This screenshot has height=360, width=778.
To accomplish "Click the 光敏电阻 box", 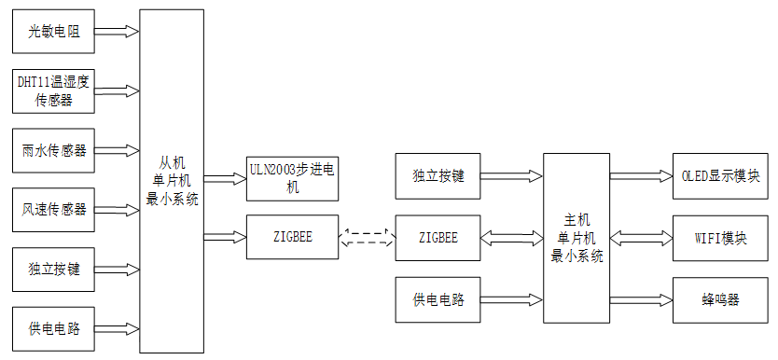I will click(x=54, y=32).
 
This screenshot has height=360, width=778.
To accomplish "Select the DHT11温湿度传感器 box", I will click(x=54, y=90).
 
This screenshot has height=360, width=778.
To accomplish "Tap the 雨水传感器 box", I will click(x=54, y=149).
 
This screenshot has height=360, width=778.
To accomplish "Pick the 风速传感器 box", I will click(x=54, y=209).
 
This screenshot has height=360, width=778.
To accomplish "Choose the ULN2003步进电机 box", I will click(x=291, y=177).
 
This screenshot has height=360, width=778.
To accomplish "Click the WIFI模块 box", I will click(x=721, y=237).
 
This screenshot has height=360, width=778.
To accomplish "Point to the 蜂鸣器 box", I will click(x=721, y=299).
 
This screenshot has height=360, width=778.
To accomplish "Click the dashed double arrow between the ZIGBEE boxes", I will click(x=367, y=238).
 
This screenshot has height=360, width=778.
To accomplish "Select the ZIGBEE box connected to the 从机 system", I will click(x=291, y=237).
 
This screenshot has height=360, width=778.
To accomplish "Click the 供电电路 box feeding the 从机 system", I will click(x=54, y=328).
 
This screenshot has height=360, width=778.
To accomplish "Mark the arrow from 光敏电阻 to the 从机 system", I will click(x=117, y=32).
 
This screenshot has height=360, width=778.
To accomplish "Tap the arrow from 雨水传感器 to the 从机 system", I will click(x=117, y=149).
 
